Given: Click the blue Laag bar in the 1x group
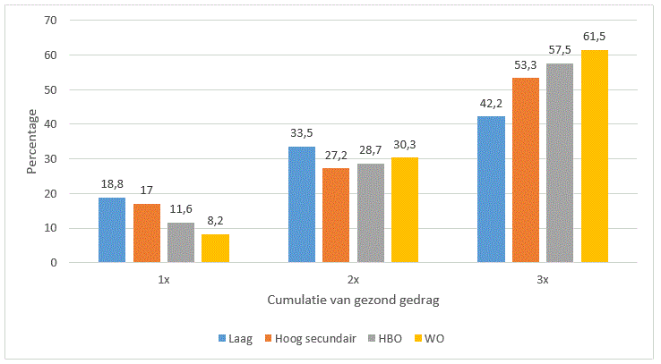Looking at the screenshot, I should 112,230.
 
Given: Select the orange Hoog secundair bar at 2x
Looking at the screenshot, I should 336,216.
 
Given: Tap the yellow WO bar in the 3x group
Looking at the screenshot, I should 595,157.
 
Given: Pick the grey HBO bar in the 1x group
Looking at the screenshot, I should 181,242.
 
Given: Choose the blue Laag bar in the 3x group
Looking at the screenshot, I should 491,190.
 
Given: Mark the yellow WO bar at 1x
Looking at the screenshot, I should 215,248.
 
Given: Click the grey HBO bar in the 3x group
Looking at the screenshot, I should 560,163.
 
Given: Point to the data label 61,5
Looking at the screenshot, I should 595,38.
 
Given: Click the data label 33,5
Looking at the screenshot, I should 302,134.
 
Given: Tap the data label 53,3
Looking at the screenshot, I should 526,65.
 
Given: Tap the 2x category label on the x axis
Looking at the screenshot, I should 354,279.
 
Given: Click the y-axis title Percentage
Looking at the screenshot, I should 32,141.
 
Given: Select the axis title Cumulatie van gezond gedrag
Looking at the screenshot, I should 353,301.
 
